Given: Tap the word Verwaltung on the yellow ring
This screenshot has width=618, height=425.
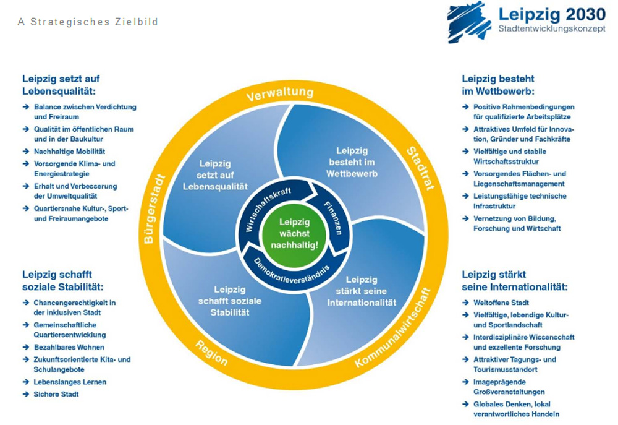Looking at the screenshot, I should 280,94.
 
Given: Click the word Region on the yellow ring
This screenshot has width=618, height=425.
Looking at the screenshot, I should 212,353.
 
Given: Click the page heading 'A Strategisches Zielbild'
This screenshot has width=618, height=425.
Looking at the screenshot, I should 88,22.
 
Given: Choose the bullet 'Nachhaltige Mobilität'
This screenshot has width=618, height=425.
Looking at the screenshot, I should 69,152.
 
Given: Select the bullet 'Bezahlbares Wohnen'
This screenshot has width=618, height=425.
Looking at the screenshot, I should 69,347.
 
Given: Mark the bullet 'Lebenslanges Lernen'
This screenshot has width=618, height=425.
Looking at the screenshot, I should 69,382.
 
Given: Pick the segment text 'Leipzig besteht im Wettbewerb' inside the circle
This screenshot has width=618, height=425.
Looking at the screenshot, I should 352,161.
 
